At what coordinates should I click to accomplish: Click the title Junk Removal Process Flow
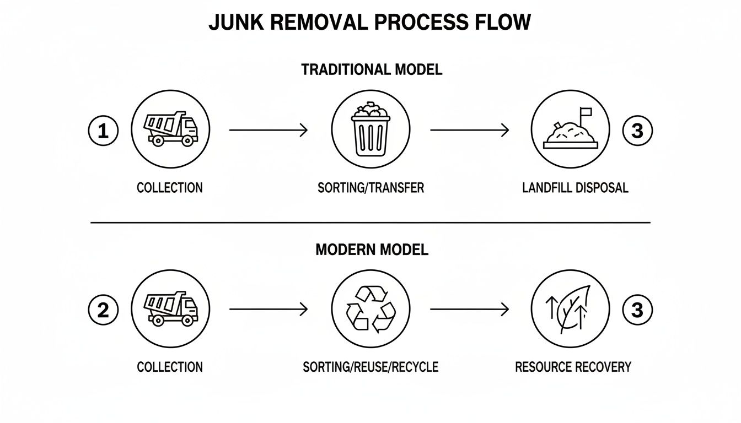click(x=370, y=23)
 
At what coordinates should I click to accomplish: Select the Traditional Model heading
click(x=371, y=70)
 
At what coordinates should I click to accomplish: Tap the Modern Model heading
click(x=371, y=250)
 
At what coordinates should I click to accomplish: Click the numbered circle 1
click(x=103, y=131)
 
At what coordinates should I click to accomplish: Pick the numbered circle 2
click(x=103, y=310)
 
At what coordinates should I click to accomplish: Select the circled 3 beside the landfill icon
click(x=637, y=131)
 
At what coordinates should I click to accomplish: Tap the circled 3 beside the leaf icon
click(x=637, y=310)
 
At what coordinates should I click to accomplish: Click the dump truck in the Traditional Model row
click(x=170, y=128)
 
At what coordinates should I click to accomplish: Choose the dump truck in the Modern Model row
click(x=170, y=308)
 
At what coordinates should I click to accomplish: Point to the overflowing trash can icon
click(x=370, y=129)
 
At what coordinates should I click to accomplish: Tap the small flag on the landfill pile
click(x=585, y=112)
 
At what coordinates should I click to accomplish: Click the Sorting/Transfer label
click(x=370, y=188)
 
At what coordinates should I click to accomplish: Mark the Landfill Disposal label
click(x=574, y=188)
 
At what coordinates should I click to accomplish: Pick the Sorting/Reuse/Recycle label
click(x=370, y=367)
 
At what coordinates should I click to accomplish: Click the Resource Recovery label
click(x=573, y=367)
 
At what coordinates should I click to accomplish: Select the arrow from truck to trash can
click(x=269, y=131)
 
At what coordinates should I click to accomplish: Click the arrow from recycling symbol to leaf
click(x=469, y=310)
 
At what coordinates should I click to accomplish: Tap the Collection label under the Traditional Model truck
click(x=169, y=188)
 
